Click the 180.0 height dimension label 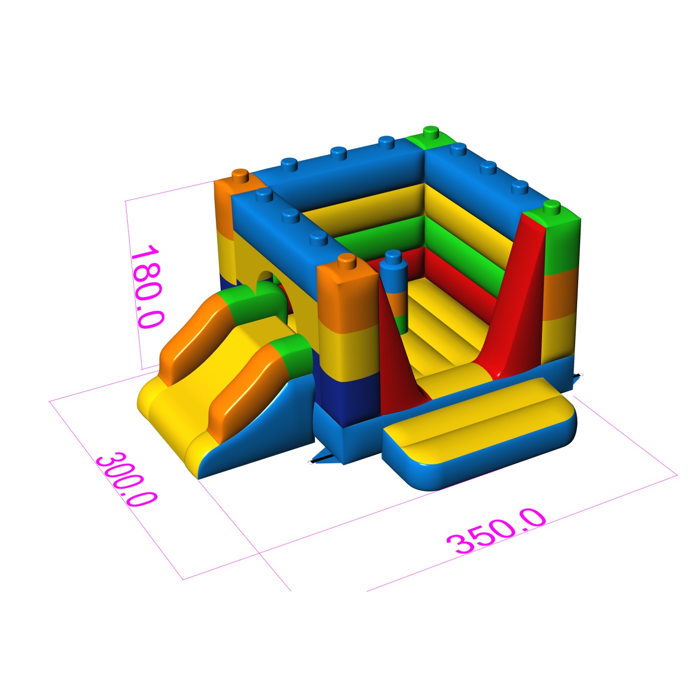pos(148,287)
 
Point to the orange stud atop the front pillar pos(346,260)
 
